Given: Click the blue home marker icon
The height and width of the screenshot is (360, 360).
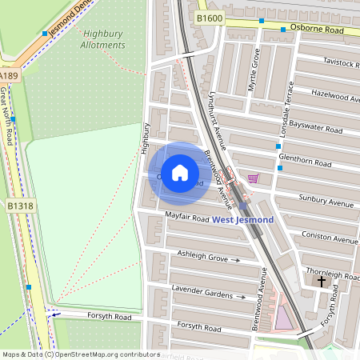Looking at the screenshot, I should pyautogui.click(x=180, y=172).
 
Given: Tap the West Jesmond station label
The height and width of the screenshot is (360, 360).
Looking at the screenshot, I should pyautogui.click(x=242, y=219).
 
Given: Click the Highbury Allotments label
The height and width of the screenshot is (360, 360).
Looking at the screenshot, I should pyautogui.click(x=103, y=39).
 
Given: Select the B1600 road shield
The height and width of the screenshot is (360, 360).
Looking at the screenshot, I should pyautogui.click(x=207, y=18).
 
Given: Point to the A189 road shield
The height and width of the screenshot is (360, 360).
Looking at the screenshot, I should pyautogui.click(x=9, y=75).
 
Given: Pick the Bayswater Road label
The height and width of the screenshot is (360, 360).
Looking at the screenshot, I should pyautogui.click(x=316, y=128).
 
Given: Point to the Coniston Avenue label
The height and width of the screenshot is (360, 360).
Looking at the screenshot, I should pyautogui.click(x=330, y=238).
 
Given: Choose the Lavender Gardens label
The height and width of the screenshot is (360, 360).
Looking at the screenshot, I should pyautogui.click(x=203, y=291).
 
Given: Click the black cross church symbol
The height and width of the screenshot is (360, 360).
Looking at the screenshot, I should pyautogui.click(x=322, y=281).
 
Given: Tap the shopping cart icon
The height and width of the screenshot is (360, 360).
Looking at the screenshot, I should pyautogui.click(x=254, y=178).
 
